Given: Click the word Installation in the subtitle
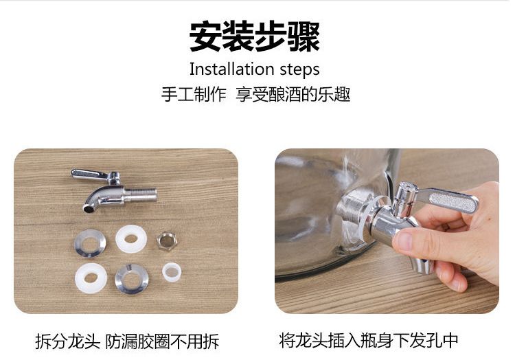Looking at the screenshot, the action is pos(231,69).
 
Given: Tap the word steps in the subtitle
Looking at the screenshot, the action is pos(299,70).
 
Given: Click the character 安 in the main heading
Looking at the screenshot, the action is pos(205,36).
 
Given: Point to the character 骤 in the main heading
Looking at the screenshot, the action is pos(304,36).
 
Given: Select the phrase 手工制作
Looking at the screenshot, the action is pos(194,95).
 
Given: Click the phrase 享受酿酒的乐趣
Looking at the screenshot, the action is pos(293,95).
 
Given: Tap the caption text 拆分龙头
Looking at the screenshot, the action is pos(67,341).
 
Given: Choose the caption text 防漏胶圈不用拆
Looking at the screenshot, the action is pos(162,341).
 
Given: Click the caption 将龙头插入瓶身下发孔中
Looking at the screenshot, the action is pos(369,340).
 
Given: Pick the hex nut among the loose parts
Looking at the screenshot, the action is pos(167,241).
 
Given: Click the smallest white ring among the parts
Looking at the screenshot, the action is pos(172,272).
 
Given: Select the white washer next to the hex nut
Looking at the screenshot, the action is pos(131,239).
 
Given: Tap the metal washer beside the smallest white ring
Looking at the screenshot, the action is pos(132,279).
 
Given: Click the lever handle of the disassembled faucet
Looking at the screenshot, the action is pos(89,174).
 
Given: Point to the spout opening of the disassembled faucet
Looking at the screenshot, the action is pos(88,208).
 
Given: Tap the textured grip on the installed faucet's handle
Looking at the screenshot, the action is pos(452,203).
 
